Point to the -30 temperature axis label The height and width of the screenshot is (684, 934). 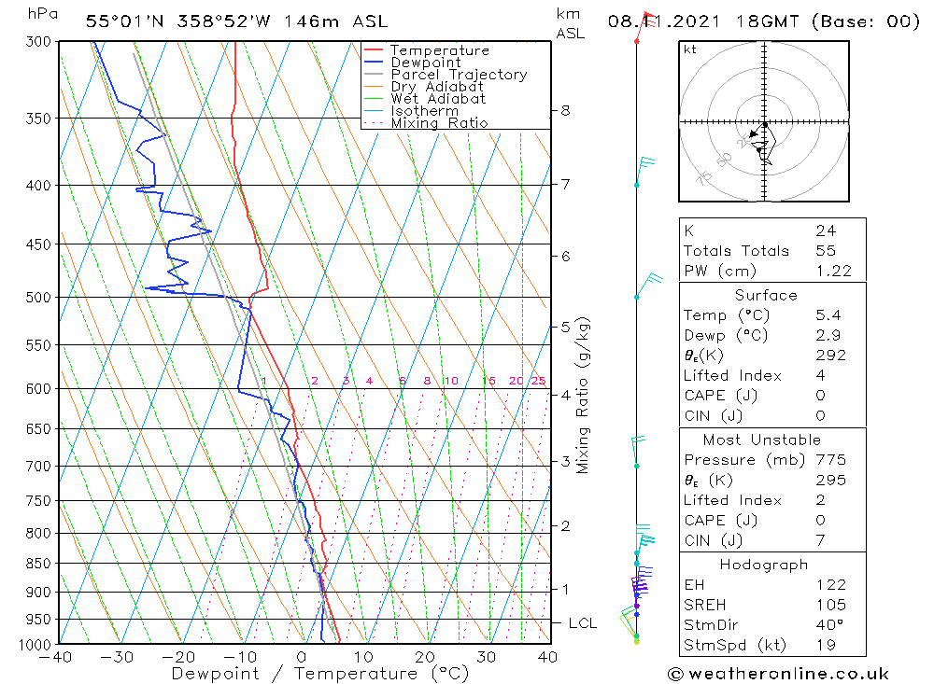(x=118, y=657)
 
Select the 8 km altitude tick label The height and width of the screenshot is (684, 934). (x=565, y=110)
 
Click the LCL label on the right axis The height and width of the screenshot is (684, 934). (x=582, y=623)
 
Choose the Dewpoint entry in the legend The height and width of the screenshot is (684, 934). (x=425, y=63)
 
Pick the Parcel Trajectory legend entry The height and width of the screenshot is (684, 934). (x=459, y=75)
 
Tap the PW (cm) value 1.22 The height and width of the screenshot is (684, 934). (x=833, y=271)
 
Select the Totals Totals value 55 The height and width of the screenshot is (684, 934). (x=825, y=250)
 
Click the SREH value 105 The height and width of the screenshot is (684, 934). (x=829, y=605)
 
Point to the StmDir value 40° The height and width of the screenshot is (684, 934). (x=828, y=625)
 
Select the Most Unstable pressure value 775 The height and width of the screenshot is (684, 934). (x=829, y=460)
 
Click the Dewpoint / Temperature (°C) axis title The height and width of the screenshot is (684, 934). (x=319, y=674)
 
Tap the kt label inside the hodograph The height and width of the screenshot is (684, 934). (x=689, y=49)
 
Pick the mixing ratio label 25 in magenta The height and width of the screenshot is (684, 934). (x=538, y=381)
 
